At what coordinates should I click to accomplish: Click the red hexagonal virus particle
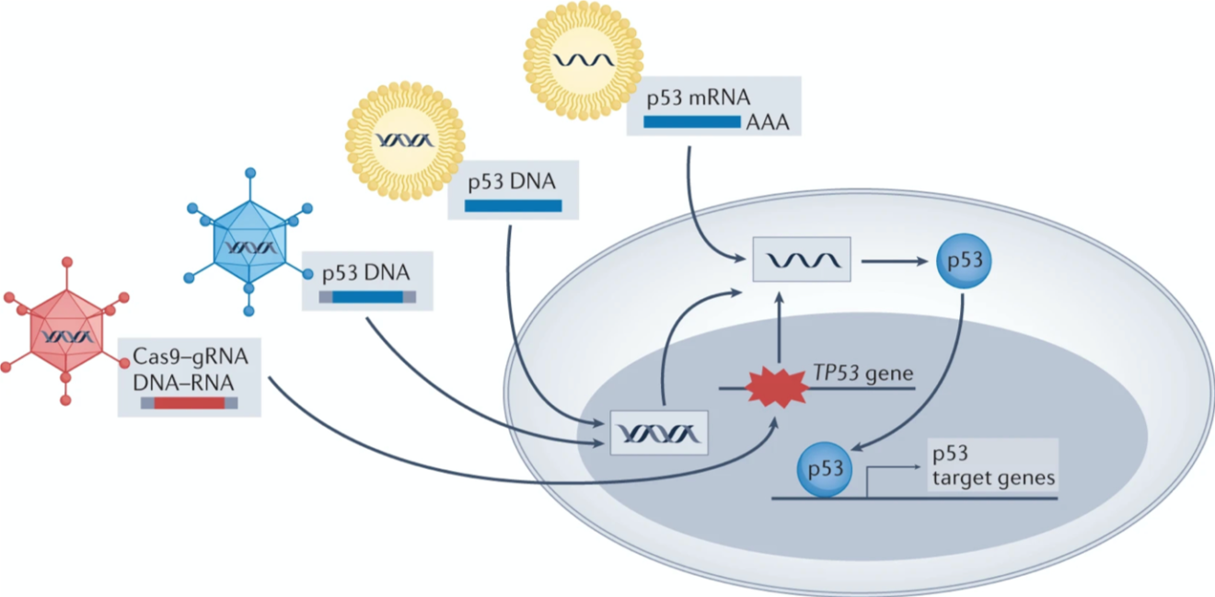[65, 336]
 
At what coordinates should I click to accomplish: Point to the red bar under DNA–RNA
[189, 402]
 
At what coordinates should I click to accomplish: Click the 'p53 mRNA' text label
[700, 98]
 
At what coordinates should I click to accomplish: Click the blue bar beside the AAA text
[691, 121]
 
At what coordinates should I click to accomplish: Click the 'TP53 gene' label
[862, 373]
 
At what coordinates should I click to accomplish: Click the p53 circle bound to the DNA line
[825, 468]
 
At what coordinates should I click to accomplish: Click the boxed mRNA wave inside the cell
[801, 260]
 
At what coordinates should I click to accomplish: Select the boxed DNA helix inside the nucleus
[659, 432]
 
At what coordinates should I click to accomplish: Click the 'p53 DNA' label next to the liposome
[512, 180]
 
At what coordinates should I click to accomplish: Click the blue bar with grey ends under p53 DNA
[367, 296]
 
